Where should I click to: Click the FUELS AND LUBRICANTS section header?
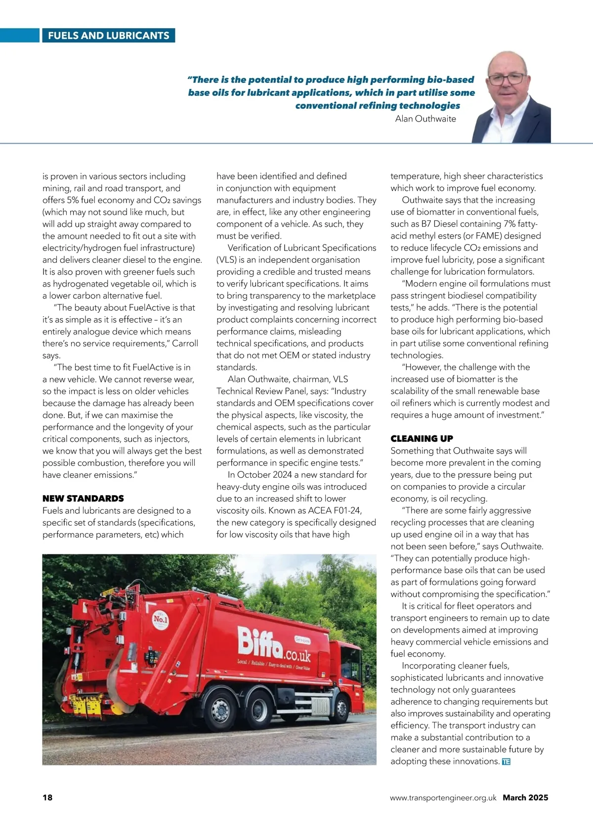(108, 36)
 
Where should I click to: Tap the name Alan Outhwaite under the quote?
(425, 119)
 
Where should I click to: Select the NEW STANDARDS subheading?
(83, 499)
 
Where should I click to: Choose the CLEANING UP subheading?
(422, 439)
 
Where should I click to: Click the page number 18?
(47, 797)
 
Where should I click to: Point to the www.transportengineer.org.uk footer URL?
(443, 797)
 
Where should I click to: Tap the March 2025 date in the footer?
(525, 797)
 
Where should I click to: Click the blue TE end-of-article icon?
(506, 762)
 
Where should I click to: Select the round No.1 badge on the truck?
(161, 619)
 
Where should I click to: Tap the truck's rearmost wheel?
(221, 710)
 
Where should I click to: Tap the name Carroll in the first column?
(185, 343)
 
